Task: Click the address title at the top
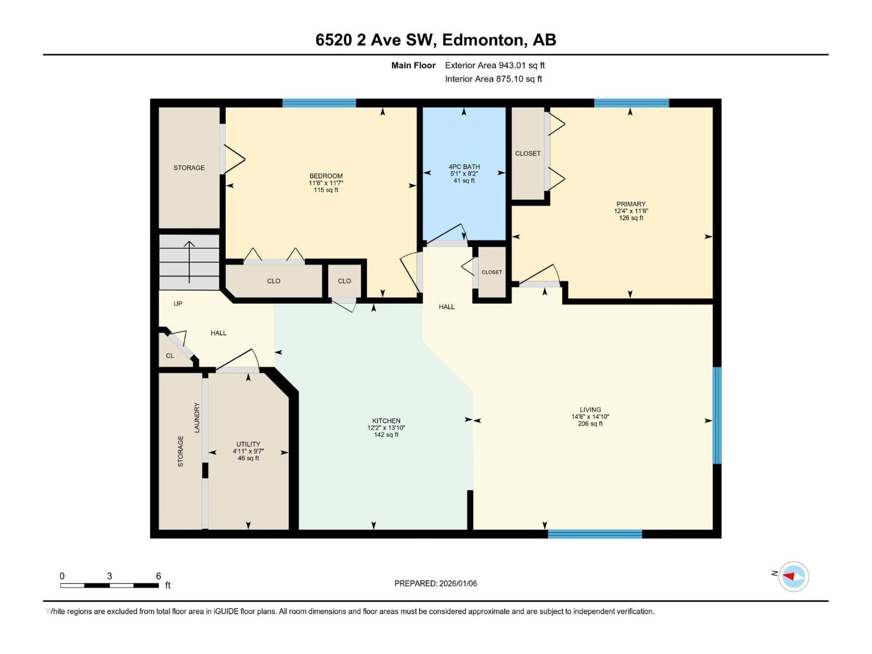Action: coord(436,40)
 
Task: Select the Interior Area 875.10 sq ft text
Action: coord(493,79)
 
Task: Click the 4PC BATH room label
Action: coord(464,167)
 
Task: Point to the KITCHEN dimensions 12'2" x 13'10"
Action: coord(386,428)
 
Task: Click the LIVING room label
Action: coord(590,410)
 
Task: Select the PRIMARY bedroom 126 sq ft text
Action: coord(631,218)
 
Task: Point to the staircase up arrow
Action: coord(189,262)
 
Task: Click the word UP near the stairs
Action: coord(178,304)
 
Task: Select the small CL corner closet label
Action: coord(170,356)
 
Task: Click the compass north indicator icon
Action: coord(794,576)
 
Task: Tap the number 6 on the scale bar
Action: coord(159,576)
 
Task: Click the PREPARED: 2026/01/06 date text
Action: coord(436,583)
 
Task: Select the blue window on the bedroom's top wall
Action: coord(319,103)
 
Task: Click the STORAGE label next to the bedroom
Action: coord(189,168)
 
